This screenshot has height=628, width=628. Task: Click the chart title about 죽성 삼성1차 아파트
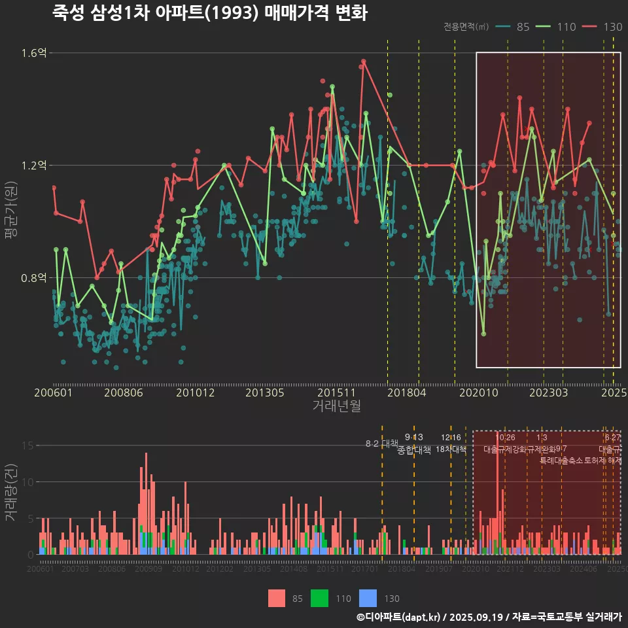[209, 13]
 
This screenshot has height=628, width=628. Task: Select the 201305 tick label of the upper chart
[264, 393]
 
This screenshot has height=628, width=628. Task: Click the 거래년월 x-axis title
[336, 406]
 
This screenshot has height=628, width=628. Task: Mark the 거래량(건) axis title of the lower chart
[11, 493]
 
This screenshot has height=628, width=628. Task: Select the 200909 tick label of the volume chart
[148, 569]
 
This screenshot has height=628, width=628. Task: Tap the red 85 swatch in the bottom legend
[277, 598]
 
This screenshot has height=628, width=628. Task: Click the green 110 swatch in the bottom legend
[319, 598]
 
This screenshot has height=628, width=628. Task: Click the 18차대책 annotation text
[451, 449]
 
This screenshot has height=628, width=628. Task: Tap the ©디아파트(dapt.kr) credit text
[399, 617]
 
